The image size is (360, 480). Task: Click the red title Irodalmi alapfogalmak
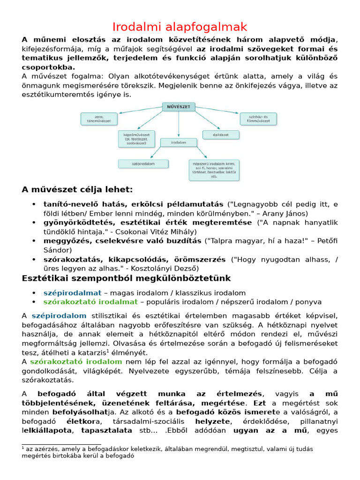coord(180,27)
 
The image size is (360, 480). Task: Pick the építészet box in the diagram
coord(221,135)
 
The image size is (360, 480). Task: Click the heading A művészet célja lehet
coord(77,190)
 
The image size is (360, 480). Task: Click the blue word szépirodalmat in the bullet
coord(72,293)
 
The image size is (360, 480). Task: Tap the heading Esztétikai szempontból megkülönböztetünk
coord(127,278)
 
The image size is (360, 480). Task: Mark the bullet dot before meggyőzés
coord(34,241)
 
